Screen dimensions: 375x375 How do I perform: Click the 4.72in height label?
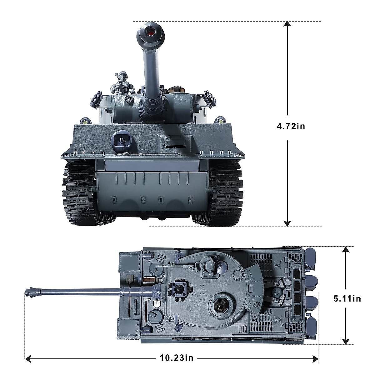(291, 126)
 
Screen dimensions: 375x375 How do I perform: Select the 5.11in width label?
(347, 298)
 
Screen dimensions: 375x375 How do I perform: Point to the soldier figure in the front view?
(122, 83)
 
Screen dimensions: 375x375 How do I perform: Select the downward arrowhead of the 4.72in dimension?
(287, 223)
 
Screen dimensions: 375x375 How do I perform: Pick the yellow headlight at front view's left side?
(85, 121)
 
